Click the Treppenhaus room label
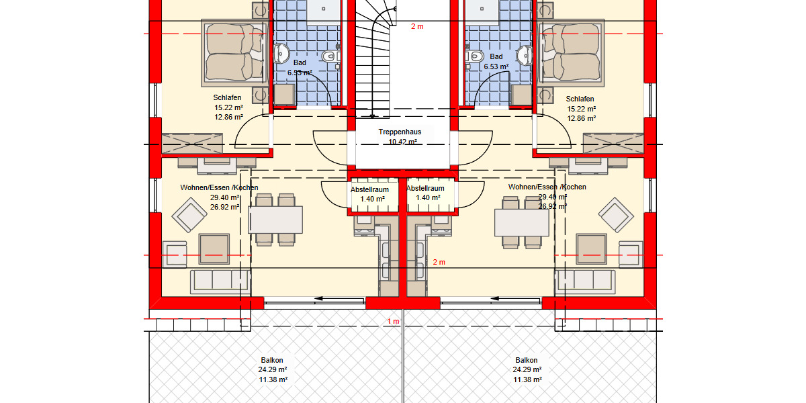pyautogui.click(x=400, y=132)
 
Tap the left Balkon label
pyautogui.click(x=272, y=360)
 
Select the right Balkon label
pyautogui.click(x=527, y=360)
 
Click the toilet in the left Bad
pyautogui.click(x=330, y=56)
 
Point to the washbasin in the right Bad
pyautogui.click(x=525, y=55)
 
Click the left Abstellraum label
pyautogui.click(x=370, y=189)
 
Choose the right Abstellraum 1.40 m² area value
pyautogui.click(x=429, y=197)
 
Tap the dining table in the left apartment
pyautogui.click(x=275, y=220)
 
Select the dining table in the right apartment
pyautogui.click(x=522, y=223)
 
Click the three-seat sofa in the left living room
pyautogui.click(x=220, y=281)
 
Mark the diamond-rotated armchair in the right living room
pyautogui.click(x=616, y=215)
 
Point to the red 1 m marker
pyautogui.click(x=394, y=321)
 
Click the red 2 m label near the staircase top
pyautogui.click(x=417, y=26)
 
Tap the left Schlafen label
pyautogui.click(x=227, y=97)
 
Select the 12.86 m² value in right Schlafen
pyautogui.click(x=582, y=118)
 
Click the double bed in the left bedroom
pyautogui.click(x=234, y=53)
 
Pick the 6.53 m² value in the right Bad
pyautogui.click(x=496, y=66)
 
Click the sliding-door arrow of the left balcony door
pyautogui.click(x=339, y=298)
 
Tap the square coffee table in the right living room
pyautogui.click(x=591, y=249)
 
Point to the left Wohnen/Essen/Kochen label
pyautogui.click(x=219, y=187)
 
